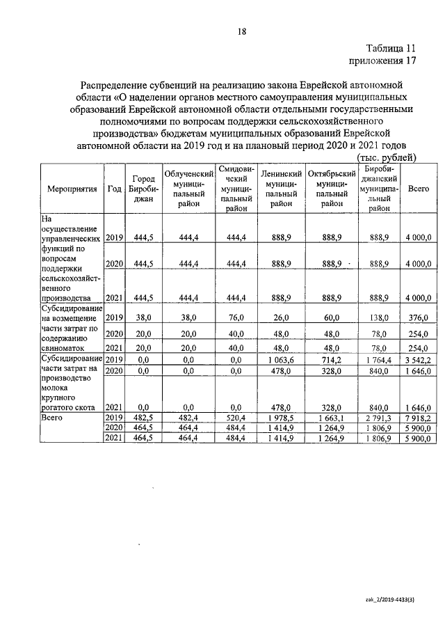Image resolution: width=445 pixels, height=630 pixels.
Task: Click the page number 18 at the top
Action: pos(242,31)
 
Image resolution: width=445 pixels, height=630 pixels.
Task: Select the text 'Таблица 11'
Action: pos(391,49)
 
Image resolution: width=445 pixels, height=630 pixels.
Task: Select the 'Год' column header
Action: pos(115,189)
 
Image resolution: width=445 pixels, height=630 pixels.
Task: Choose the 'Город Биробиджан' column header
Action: pos(143,189)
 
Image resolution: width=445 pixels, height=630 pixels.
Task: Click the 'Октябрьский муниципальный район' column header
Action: pos(332,189)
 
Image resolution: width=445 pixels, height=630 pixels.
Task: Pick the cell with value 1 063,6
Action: pos(281,359)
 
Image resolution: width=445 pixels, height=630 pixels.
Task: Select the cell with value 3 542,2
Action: pos(419,359)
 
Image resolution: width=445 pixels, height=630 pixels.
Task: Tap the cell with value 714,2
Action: pos(332,359)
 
